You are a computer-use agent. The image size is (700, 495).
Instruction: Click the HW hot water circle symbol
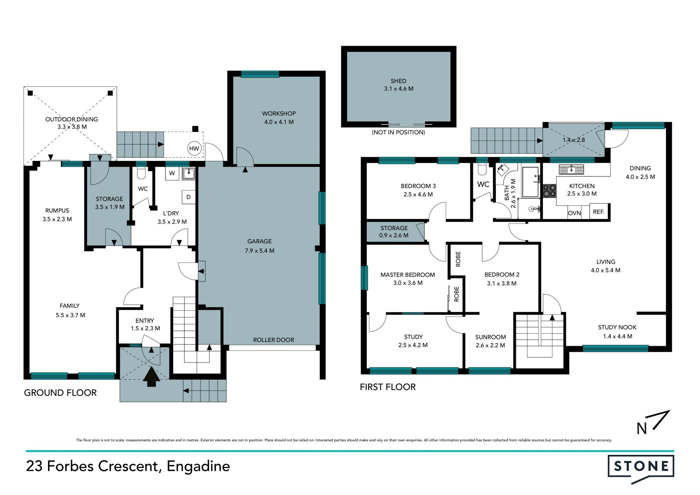194,148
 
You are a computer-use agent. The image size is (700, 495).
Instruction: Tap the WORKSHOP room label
279,113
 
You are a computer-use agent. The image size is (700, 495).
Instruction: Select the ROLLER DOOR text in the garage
273,340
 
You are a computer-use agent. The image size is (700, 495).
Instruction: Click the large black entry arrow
151,376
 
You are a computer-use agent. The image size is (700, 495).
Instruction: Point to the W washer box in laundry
172,173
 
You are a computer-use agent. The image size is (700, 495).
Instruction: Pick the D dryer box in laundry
188,197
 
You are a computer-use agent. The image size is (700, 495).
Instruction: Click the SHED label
398,81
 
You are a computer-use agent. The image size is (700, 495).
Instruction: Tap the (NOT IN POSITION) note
398,132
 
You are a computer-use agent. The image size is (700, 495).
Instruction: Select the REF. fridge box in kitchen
598,212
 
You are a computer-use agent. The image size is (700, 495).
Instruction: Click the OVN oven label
574,213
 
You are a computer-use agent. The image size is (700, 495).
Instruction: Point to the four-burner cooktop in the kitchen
549,190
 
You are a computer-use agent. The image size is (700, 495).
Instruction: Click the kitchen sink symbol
571,170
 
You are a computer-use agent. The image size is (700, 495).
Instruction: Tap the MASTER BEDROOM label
408,275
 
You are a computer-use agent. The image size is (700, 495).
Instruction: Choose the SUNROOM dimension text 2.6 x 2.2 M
490,345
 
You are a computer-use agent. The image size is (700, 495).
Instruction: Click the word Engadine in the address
198,466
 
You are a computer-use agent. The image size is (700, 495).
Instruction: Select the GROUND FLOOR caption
61,393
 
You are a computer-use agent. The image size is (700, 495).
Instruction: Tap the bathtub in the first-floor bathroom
530,182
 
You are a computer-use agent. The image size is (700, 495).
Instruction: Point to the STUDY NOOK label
617,327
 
